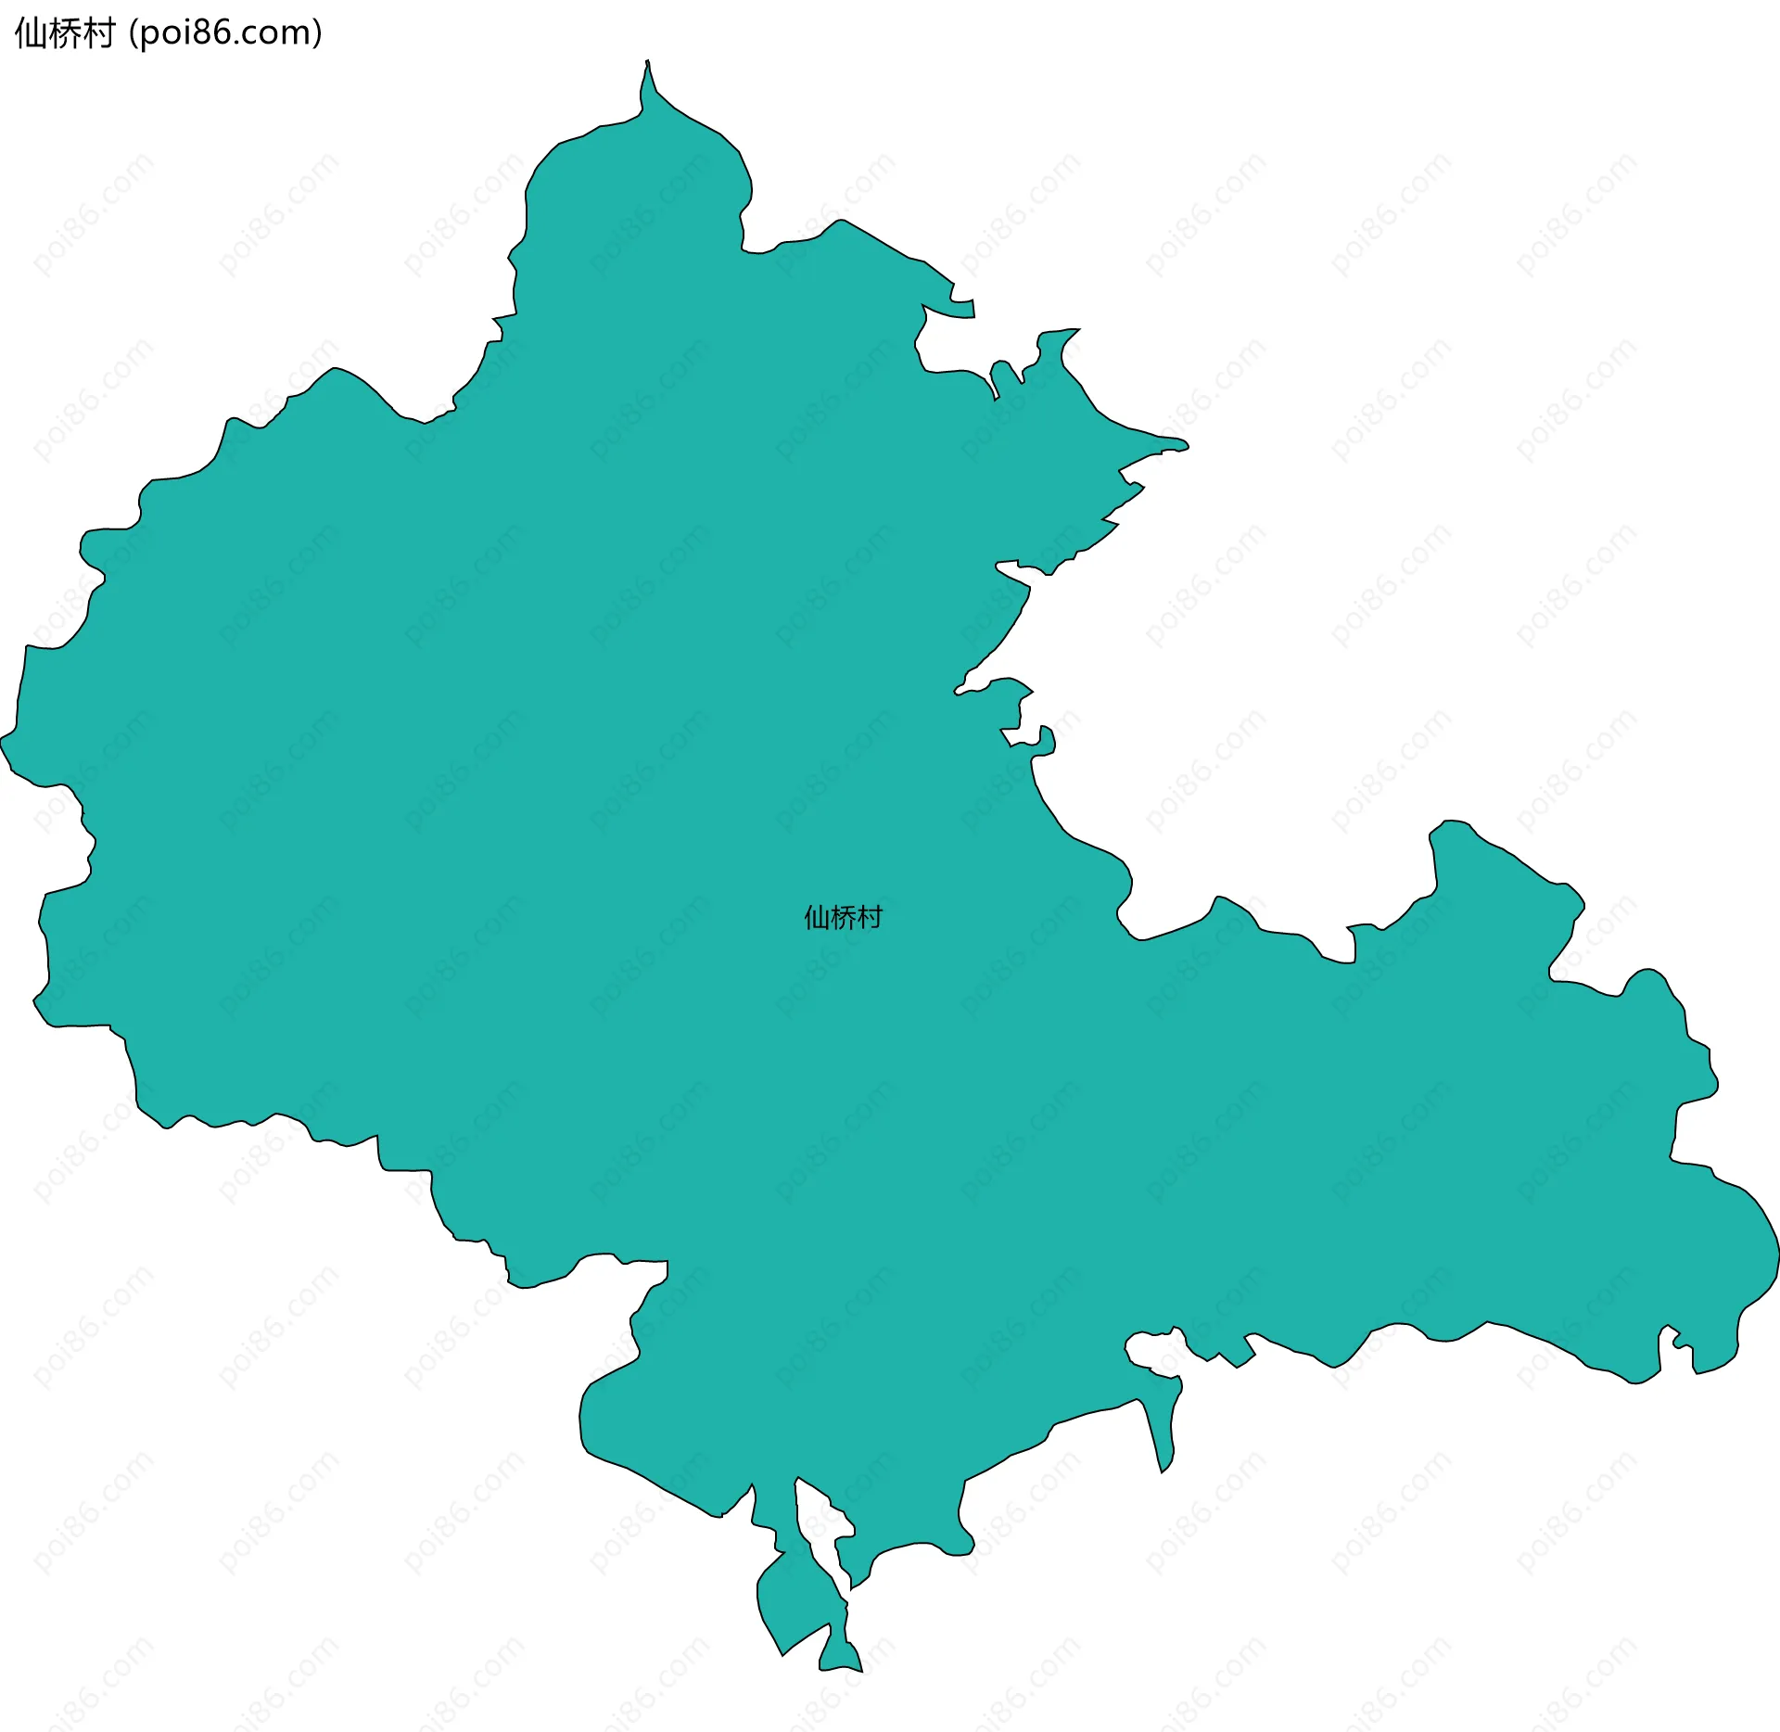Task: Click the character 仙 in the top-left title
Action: point(30,33)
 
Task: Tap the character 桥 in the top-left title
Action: point(64,33)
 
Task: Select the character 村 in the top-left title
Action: point(97,33)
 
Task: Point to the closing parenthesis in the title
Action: point(317,33)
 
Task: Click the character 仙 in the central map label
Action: point(817,917)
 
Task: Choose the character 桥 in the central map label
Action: point(843,917)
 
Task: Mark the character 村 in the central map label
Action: point(870,917)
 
